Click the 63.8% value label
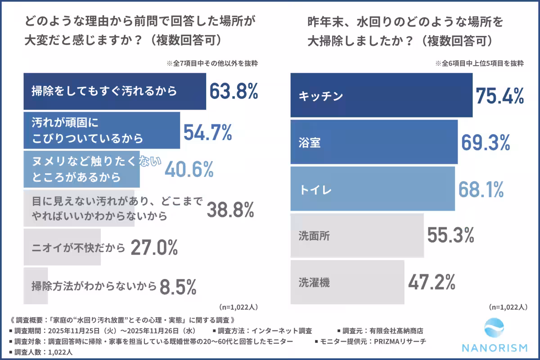click(x=234, y=91)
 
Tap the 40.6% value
click(x=189, y=169)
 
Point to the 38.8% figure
click(x=230, y=209)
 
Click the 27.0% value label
click(x=154, y=248)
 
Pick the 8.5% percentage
click(x=178, y=286)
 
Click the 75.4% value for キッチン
click(x=500, y=95)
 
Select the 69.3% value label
click(x=486, y=142)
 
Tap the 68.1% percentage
click(x=481, y=189)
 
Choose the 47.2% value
click(x=432, y=282)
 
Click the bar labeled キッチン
click(x=381, y=95)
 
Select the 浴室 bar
click(x=373, y=142)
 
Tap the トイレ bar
click(x=372, y=189)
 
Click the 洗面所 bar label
click(x=314, y=235)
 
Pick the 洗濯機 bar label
click(x=314, y=282)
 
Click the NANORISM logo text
click(x=495, y=347)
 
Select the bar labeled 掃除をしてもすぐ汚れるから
click(x=114, y=91)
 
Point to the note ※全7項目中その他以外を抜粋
click(x=215, y=63)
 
